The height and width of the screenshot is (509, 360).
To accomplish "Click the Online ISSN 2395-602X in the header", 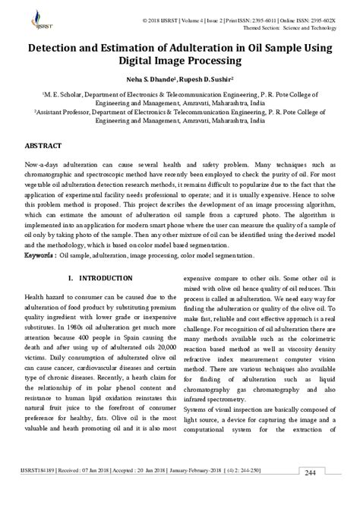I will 309,16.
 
